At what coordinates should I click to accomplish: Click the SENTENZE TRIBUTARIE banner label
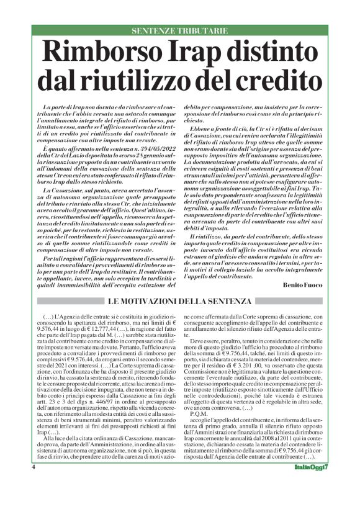point(180,30)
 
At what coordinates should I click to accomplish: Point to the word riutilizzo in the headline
point(152,80)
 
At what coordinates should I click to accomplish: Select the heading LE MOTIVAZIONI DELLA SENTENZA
point(179,301)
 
